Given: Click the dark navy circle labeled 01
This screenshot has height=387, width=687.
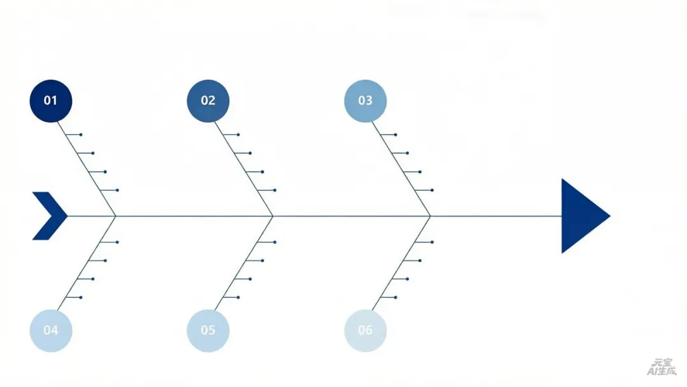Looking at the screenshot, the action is pos(51,101).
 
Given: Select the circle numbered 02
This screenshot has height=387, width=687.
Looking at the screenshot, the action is pos(208,101).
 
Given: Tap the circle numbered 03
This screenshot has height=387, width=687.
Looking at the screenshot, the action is pos(365,101).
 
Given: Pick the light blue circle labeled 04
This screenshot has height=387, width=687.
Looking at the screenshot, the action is pos(51,330).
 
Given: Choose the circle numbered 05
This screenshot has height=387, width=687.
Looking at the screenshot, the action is pos(208,330).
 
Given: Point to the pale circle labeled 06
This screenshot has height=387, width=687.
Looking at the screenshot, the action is pos(365,330).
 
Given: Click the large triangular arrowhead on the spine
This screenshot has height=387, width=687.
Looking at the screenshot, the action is pos(581,216).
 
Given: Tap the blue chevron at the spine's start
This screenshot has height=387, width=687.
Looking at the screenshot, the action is pos(50,216).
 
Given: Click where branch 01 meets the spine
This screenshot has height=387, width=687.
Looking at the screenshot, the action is pos(116,216).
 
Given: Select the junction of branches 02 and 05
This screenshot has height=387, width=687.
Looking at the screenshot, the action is pos(273,216).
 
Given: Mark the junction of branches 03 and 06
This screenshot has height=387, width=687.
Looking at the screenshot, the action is pos(431,216).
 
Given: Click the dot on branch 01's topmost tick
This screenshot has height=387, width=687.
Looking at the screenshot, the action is pos(81,135).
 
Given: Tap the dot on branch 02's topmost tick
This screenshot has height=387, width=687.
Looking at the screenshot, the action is pos(239,135).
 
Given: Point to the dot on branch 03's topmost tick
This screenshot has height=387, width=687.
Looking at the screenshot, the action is pos(396,135).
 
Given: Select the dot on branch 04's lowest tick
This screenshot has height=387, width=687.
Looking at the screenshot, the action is pos(81,297).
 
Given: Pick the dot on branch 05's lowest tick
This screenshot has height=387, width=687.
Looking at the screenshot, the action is pos(239,297).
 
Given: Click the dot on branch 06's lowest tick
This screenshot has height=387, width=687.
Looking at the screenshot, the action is pos(396,297).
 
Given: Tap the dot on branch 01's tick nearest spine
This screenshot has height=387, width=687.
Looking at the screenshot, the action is pos(118,190).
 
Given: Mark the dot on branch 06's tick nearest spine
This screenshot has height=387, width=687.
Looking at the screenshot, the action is pos(433,242).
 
